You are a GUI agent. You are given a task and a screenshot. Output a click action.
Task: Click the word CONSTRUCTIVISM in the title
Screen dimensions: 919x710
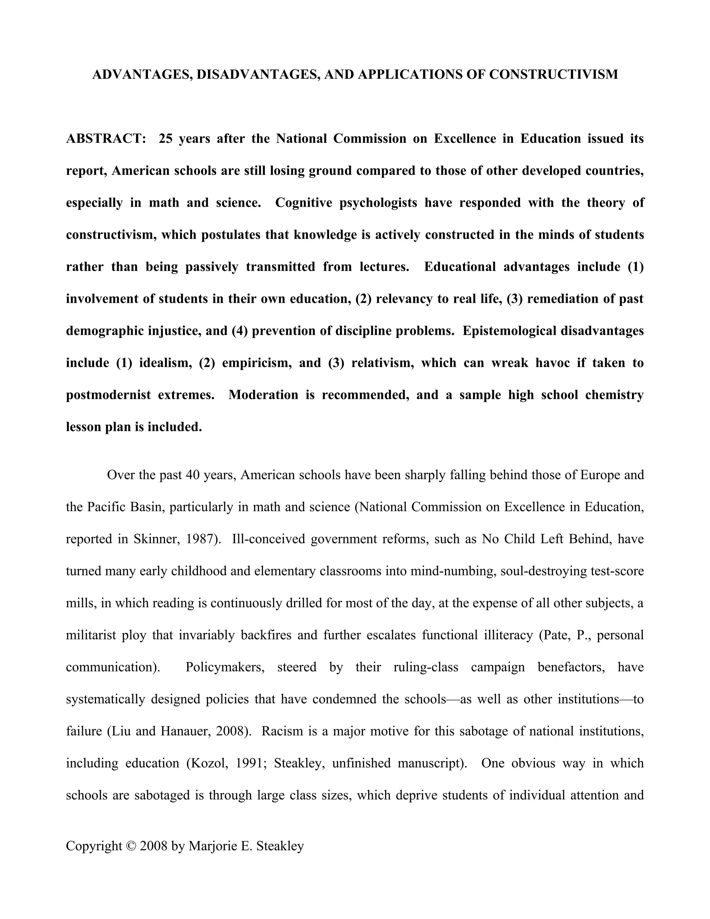554,75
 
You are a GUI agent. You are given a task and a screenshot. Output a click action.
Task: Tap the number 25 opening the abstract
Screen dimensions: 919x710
166,138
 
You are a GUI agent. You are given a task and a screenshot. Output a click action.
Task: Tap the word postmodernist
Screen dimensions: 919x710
108,395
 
